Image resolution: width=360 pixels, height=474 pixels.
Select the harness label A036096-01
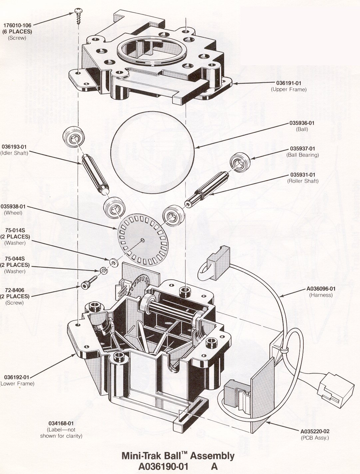[321, 289]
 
